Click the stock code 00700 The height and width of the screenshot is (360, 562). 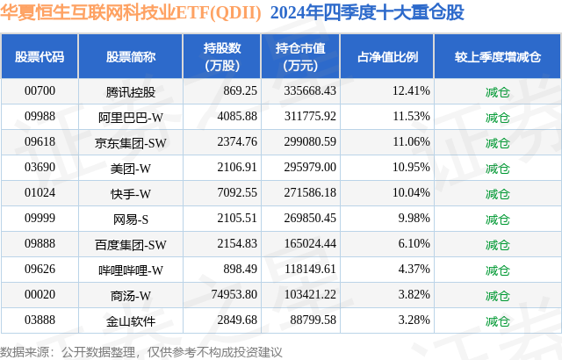tap(40, 90)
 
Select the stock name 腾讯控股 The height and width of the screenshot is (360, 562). tap(130, 90)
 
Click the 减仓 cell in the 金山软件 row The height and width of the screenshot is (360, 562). tap(497, 321)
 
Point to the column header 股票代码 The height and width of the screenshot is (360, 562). tap(40, 57)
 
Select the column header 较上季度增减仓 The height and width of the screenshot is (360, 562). tap(497, 57)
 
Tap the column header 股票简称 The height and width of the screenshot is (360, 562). tap(130, 57)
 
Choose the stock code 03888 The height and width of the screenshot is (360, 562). tap(40, 321)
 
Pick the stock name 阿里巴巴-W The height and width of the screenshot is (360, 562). tap(130, 116)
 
